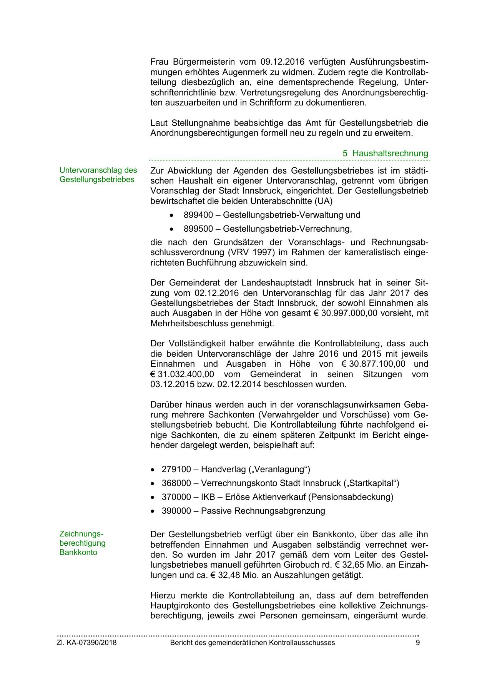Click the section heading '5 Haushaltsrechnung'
coord(385,153)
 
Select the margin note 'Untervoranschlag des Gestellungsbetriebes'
coord(98,175)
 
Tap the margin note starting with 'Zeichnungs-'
coord(82,543)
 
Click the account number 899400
coord(198,215)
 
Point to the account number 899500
coord(198,229)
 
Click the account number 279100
coord(176,469)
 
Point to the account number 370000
coord(176,497)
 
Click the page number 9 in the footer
coord(417,643)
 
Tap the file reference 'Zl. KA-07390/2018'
coord(86,643)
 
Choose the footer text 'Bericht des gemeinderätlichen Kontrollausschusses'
coord(252,643)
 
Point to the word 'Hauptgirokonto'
coord(181,605)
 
